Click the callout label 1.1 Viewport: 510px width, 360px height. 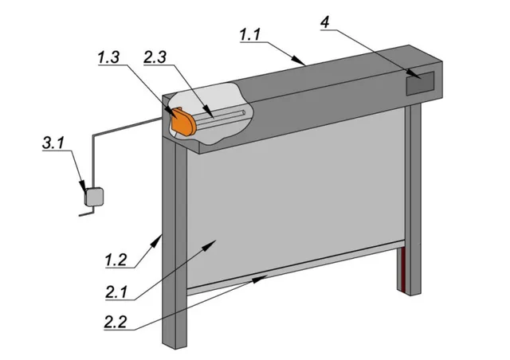point(250,35)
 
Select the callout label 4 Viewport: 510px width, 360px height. point(325,23)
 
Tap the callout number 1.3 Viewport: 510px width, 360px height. point(108,57)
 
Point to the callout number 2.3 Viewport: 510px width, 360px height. point(155,57)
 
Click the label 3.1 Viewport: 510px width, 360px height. point(53,143)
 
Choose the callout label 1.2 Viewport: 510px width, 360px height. point(116,260)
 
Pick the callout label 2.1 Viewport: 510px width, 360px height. point(116,292)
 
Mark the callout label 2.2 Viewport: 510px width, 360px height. point(115,322)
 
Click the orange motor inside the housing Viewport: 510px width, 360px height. point(183,122)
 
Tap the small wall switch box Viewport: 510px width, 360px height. point(94,197)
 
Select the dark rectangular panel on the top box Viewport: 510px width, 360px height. point(420,84)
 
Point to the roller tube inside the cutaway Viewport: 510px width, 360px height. point(222,117)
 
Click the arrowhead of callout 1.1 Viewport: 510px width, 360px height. point(300,61)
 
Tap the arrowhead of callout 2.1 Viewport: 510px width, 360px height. point(210,245)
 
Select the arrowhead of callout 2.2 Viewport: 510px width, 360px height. point(261,279)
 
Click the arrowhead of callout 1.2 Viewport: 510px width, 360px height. point(158,240)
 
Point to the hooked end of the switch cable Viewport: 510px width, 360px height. point(86,213)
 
